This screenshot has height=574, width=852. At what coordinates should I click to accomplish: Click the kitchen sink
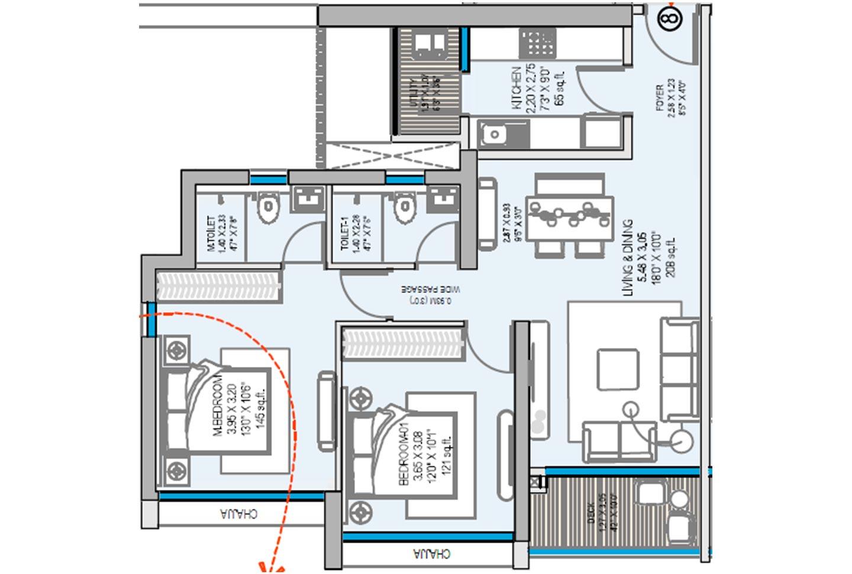(492, 134)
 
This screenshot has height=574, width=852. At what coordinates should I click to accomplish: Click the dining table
(570, 216)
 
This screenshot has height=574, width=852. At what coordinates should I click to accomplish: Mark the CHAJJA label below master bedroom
(238, 513)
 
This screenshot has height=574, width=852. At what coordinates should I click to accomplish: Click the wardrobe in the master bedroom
(218, 286)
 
